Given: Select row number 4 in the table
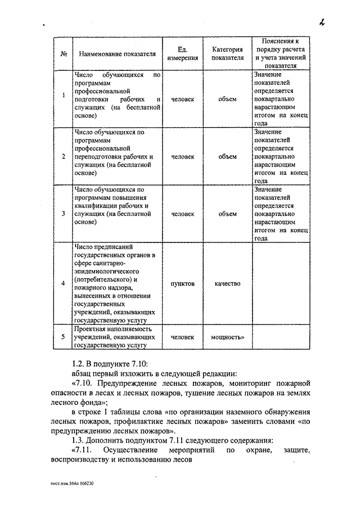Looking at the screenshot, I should pos(64,283).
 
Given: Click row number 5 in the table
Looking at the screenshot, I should pos(64,337).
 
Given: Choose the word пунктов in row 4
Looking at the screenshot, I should pos(183,283).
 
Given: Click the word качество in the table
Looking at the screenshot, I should pos(227,283).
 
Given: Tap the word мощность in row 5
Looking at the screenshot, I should pos(227,337).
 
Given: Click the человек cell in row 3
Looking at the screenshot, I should pos(183,214).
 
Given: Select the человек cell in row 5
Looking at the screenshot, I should pos(183,337).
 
